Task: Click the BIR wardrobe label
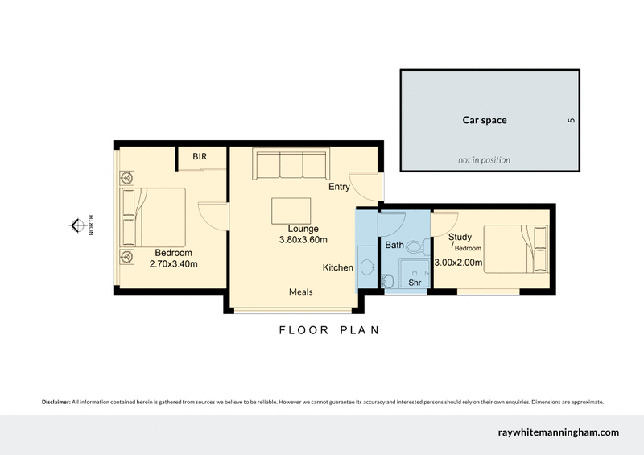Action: pyautogui.click(x=200, y=157)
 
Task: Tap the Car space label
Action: pyautogui.click(x=484, y=121)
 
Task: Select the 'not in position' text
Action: pyautogui.click(x=484, y=159)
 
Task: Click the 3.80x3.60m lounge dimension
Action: pyautogui.click(x=303, y=239)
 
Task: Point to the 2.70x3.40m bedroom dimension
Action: pyautogui.click(x=174, y=263)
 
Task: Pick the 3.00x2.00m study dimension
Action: pyautogui.click(x=458, y=262)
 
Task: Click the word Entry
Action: pyautogui.click(x=339, y=187)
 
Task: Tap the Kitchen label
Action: pyautogui.click(x=338, y=267)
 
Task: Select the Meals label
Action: pyautogui.click(x=300, y=292)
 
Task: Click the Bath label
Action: pyautogui.click(x=394, y=245)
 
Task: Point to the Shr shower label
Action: pyautogui.click(x=415, y=283)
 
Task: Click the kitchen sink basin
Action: pyautogui.click(x=366, y=267)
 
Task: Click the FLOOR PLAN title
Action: pyautogui.click(x=328, y=330)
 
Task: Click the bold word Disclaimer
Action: pyautogui.click(x=56, y=401)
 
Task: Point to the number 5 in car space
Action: pyautogui.click(x=571, y=121)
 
